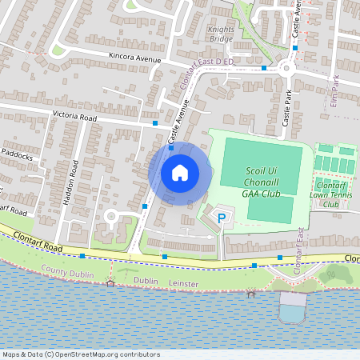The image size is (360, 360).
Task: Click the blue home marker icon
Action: [x=179, y=173]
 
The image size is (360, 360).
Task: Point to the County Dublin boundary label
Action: [x=67, y=272]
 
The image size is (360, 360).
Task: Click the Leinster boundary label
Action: [x=184, y=282]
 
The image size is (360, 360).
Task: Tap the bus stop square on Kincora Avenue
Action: [x=264, y=68]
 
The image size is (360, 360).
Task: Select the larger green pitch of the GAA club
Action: [x=256, y=164]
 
